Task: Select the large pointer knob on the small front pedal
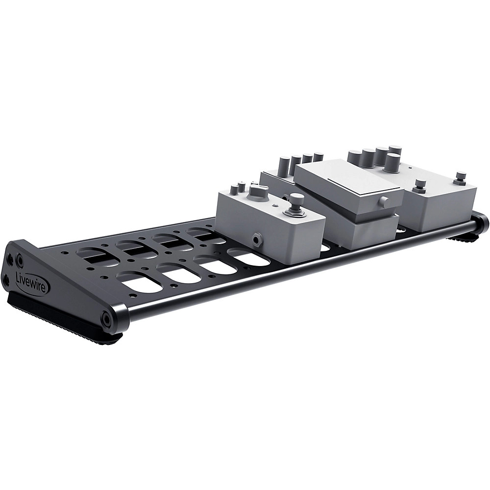point(257,192)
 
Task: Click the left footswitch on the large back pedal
point(419,186)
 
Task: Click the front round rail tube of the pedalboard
point(294,277)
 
